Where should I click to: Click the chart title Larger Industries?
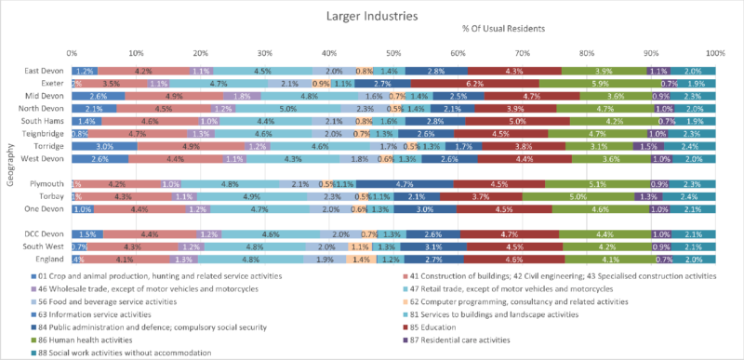[x=372, y=16]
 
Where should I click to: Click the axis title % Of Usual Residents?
[x=503, y=29]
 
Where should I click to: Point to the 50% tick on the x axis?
[x=393, y=53]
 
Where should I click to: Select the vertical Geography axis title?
[x=7, y=166]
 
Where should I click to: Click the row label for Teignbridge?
[x=43, y=134]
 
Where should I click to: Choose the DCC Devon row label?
[x=44, y=233]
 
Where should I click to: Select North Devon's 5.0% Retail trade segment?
[x=288, y=109]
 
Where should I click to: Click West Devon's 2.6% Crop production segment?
[x=100, y=159]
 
